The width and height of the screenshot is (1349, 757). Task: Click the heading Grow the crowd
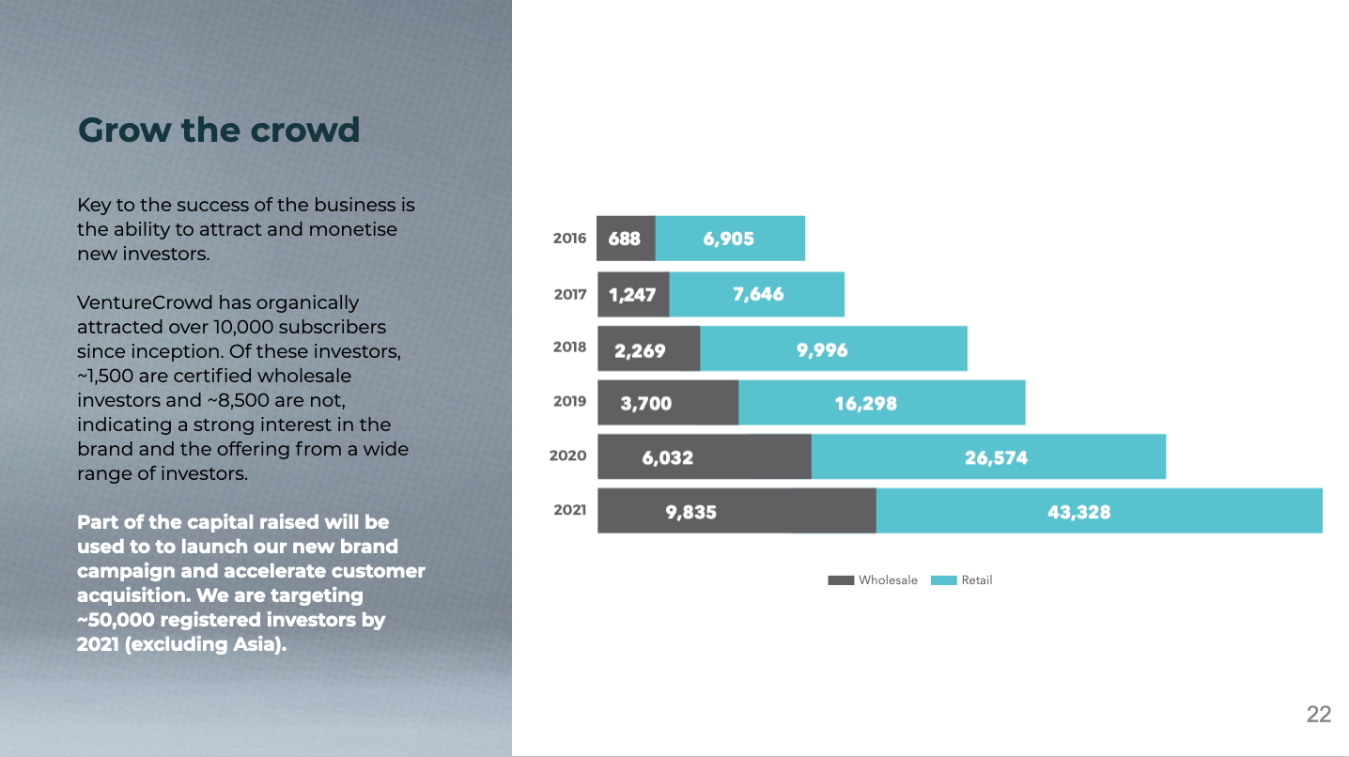[x=219, y=130]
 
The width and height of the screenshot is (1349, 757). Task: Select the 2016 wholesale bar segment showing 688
[x=626, y=239]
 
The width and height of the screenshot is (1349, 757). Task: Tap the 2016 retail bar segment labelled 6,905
[x=729, y=239]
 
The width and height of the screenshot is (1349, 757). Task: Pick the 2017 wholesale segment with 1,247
[x=632, y=295]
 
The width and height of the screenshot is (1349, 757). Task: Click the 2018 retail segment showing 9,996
[x=832, y=349]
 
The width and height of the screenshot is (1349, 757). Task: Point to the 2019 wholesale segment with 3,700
[x=667, y=404]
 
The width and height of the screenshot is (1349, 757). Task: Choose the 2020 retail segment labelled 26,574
[x=988, y=457]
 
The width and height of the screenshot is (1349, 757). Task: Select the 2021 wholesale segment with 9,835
[x=736, y=512]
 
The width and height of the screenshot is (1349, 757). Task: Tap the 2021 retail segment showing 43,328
[x=1098, y=512]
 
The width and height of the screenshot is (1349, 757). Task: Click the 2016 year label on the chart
[x=569, y=239]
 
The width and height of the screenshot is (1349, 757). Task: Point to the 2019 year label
[x=569, y=401]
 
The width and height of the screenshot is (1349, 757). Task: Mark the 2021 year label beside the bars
[x=569, y=510]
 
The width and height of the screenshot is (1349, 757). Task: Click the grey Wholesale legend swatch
[x=841, y=580]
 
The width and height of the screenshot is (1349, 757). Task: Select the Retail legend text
[x=976, y=580]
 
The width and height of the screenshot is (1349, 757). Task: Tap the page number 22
[x=1319, y=715]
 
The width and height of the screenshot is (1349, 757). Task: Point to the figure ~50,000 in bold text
[x=116, y=620]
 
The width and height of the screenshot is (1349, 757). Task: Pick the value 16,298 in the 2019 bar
[x=865, y=404]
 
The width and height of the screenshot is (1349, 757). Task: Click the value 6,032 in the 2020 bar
[x=668, y=458]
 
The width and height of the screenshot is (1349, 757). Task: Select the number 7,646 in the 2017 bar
[x=757, y=295]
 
